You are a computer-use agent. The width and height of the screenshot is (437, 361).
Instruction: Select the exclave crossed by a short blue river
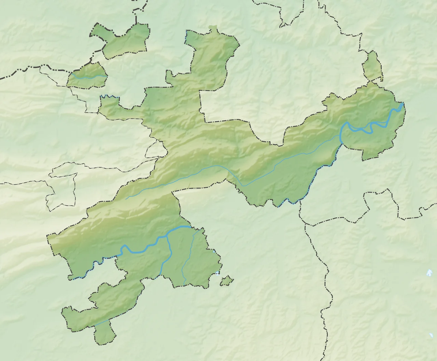(87, 76)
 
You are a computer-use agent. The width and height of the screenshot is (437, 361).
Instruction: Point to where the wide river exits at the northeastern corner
(403, 104)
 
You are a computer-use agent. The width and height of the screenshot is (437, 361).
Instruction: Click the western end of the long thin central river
(127, 198)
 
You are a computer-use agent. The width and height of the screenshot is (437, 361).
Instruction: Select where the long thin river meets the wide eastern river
(340, 136)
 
